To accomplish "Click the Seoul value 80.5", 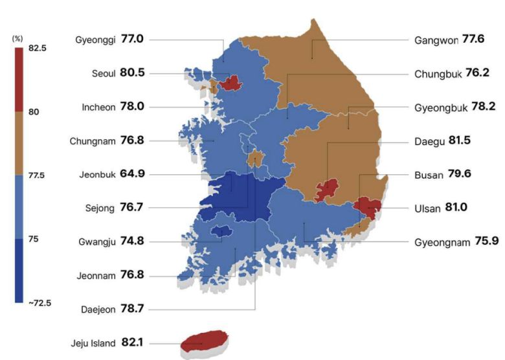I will tap(132, 73).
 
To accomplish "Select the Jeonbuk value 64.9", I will tap(132, 174).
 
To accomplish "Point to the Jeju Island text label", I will tap(93, 343).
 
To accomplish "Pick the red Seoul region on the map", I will tap(229, 84).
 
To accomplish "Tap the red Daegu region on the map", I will tap(327, 190).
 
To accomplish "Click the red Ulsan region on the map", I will tap(368, 207).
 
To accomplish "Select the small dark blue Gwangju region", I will tap(221, 231).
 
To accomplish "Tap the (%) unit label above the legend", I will tap(17, 39).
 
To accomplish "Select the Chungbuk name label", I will tap(438, 74).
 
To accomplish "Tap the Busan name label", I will tap(429, 175).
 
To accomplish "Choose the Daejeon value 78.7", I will tap(132, 309).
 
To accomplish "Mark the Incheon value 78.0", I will tap(132, 107).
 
